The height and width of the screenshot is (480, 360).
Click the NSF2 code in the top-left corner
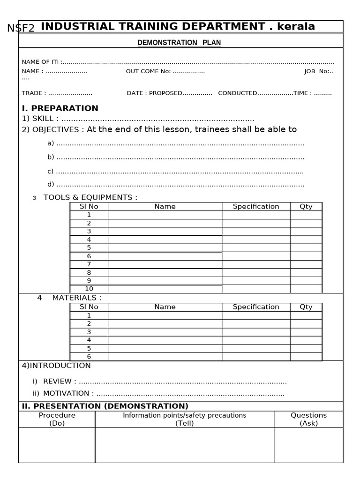point(21,28)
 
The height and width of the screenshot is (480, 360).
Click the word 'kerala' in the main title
point(296,27)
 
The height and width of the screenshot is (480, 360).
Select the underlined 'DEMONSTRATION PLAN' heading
point(179,43)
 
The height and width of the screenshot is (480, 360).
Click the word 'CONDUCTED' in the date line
point(238,93)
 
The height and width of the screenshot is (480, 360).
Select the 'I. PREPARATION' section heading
point(60,108)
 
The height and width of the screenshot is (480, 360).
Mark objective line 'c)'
point(51,171)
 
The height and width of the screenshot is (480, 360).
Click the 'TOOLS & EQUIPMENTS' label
point(90,197)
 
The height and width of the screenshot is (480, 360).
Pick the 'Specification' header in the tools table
point(255,207)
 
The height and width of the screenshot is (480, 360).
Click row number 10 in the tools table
point(89,289)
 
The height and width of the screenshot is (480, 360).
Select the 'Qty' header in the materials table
point(306,307)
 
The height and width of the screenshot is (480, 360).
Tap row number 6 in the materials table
point(89,357)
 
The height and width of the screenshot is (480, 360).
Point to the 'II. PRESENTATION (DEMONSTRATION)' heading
point(105,406)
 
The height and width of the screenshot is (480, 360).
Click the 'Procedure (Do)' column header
point(57,419)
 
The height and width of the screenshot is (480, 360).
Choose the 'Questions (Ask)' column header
point(308,419)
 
